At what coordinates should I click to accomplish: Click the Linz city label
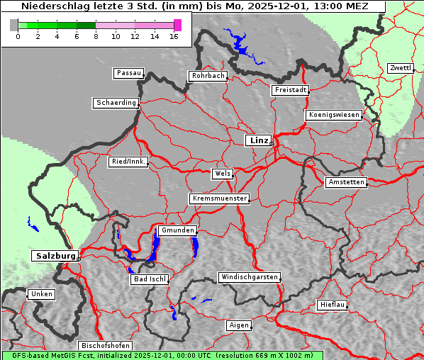258,140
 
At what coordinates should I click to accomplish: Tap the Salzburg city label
54,255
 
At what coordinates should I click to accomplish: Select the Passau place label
128,73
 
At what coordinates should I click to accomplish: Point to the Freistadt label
290,90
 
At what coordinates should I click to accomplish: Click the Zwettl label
400,68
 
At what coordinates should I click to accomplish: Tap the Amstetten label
345,182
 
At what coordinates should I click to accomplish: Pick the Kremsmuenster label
219,198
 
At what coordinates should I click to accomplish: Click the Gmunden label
177,231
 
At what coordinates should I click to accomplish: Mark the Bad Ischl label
149,279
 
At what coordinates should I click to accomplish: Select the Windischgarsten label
248,277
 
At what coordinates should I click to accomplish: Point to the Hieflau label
333,305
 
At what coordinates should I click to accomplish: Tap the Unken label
40,293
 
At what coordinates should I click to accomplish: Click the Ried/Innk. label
128,162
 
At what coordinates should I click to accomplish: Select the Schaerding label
116,103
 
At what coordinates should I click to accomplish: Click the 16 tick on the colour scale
174,35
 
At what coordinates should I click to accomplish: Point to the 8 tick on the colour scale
96,35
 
